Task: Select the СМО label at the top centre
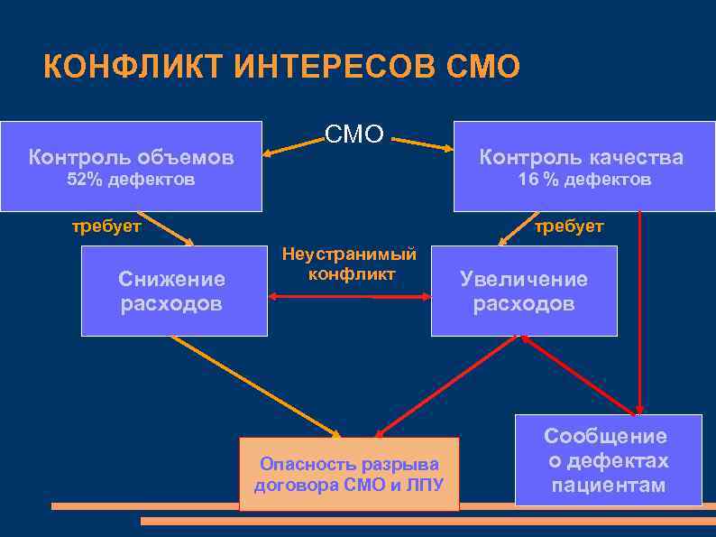point(354,135)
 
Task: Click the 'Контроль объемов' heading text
point(131,158)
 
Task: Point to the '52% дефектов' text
point(131,181)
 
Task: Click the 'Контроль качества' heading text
point(581,158)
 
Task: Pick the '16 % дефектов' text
point(583,181)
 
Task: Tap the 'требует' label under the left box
point(106,227)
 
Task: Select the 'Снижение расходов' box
point(174,291)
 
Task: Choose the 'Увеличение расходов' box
point(524,291)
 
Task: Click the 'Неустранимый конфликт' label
point(350,264)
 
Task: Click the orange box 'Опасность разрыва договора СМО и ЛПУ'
point(349,475)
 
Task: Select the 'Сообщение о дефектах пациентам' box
point(608,460)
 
